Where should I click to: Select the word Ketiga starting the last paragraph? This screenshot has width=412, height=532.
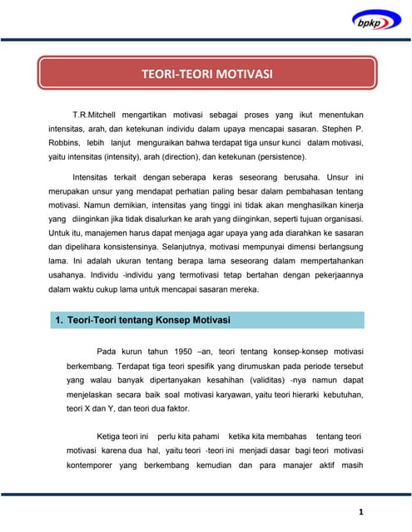point(112,436)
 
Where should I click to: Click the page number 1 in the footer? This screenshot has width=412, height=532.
point(360,511)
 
